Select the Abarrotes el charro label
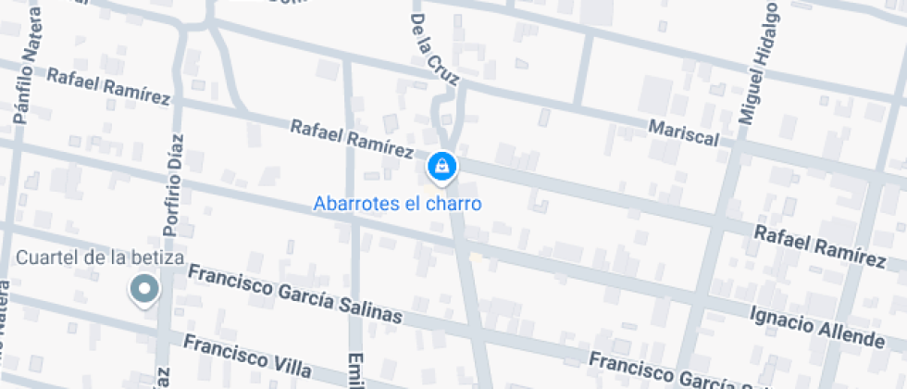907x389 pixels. pos(398,203)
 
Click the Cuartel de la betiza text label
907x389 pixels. pos(101,257)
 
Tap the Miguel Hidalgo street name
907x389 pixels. pos(758,64)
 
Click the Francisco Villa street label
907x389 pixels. pos(246,355)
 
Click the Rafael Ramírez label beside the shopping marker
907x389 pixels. pos(352,137)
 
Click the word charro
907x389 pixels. pos(455,203)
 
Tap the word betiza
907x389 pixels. pos(158,257)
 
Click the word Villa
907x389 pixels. pos(291,364)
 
